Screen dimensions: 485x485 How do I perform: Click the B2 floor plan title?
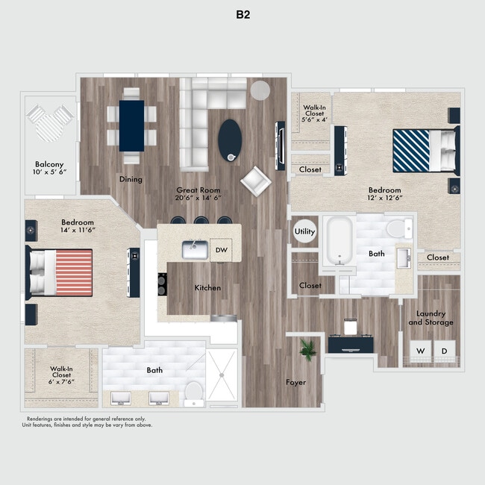point(242,14)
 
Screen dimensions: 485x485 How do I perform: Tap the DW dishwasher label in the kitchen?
point(221,250)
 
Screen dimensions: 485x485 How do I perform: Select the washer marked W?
point(420,351)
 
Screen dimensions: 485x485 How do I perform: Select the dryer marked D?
point(445,351)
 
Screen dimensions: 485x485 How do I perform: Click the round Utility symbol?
point(305,232)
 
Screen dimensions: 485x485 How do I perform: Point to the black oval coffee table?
point(230,138)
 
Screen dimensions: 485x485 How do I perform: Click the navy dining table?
point(131,124)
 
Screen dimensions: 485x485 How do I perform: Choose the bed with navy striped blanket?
point(424,151)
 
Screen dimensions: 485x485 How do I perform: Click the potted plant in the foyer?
point(305,348)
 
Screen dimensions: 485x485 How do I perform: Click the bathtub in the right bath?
point(340,241)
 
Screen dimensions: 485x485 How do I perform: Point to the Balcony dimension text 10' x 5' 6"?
point(48,172)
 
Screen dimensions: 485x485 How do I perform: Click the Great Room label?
point(198,190)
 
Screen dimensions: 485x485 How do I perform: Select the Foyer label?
point(296,383)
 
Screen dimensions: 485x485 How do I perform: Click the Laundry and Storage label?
point(431,318)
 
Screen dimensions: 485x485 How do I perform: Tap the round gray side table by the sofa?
point(260,90)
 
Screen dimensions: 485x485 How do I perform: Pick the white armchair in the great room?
point(256,180)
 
